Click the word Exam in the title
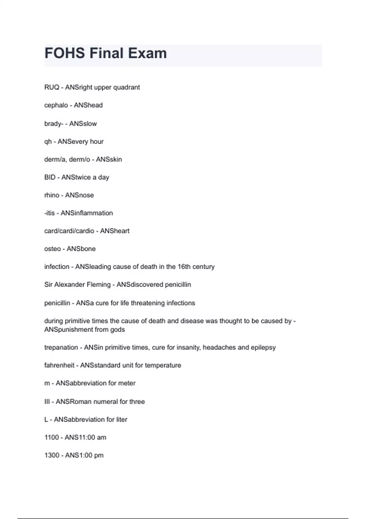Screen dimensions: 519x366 click(147, 53)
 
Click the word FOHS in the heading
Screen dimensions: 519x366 click(65, 53)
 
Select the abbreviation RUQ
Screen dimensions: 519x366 click(52, 87)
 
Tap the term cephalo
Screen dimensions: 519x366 click(56, 105)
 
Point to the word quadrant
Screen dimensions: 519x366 click(127, 87)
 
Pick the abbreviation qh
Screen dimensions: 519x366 click(48, 142)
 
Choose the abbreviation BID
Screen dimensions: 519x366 click(50, 177)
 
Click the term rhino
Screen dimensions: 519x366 click(52, 195)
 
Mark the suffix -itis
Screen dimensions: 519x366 click(49, 213)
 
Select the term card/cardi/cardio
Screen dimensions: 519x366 click(69, 231)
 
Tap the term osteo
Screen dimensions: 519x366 click(52, 249)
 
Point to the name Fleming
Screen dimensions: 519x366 click(99, 285)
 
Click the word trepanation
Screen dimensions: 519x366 click(61, 347)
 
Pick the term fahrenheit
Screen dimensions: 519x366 click(59, 365)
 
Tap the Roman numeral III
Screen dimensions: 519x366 click(47, 402)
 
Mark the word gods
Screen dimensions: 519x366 click(117, 330)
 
